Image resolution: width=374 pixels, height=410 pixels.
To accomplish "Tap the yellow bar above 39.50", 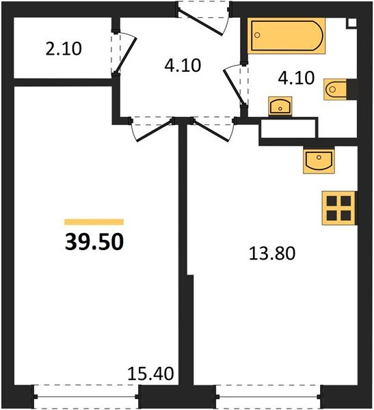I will (x=94, y=221).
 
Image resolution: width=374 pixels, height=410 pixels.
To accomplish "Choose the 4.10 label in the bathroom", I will (x=296, y=78).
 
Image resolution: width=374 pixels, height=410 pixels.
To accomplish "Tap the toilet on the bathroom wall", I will (x=339, y=89).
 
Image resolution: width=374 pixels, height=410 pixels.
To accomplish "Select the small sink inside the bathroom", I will (x=280, y=105).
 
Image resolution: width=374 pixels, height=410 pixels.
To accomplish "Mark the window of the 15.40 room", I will (x=86, y=394).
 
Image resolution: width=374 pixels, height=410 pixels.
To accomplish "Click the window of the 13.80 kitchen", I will (x=267, y=394).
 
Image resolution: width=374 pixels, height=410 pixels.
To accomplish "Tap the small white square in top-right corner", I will (x=352, y=21).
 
